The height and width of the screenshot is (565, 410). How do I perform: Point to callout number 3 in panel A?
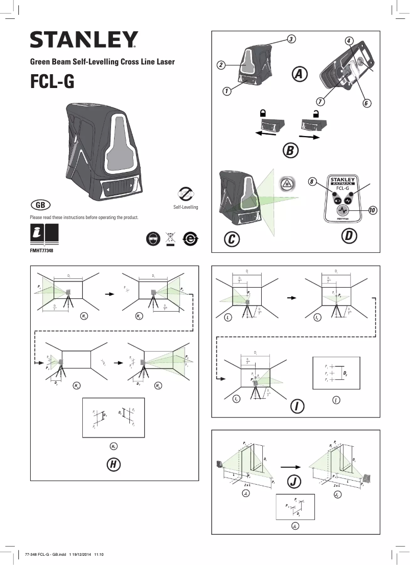[290, 39]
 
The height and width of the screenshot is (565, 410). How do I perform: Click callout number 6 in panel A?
[366, 103]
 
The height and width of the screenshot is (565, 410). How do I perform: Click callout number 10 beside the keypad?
[373, 210]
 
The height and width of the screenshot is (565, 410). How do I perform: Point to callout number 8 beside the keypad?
[312, 182]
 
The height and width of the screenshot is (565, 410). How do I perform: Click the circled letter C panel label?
[232, 238]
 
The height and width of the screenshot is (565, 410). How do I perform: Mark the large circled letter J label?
[293, 481]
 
